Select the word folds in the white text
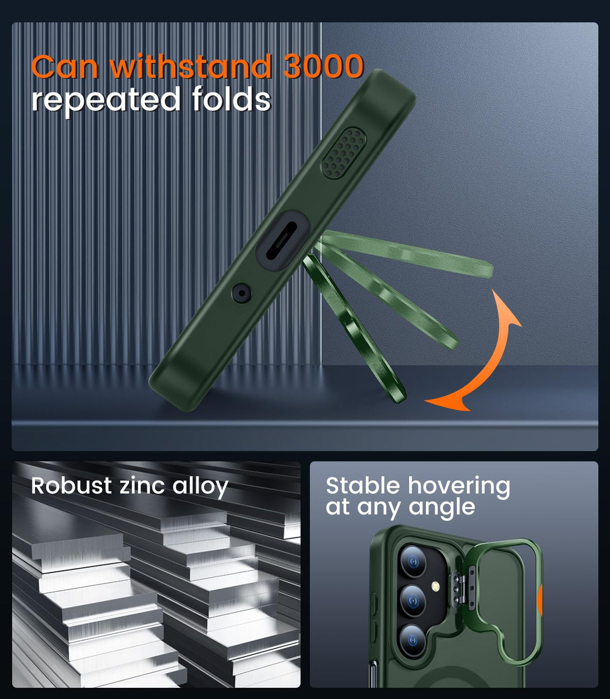(232, 99)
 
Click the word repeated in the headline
(106, 101)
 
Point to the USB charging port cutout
(282, 240)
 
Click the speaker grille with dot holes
(344, 153)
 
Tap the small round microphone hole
(242, 293)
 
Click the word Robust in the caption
(71, 486)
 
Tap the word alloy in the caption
(200, 488)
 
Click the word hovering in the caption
(459, 487)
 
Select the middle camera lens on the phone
(413, 601)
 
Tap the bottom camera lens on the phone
(413, 641)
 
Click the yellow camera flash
(436, 587)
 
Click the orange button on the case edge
(540, 598)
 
